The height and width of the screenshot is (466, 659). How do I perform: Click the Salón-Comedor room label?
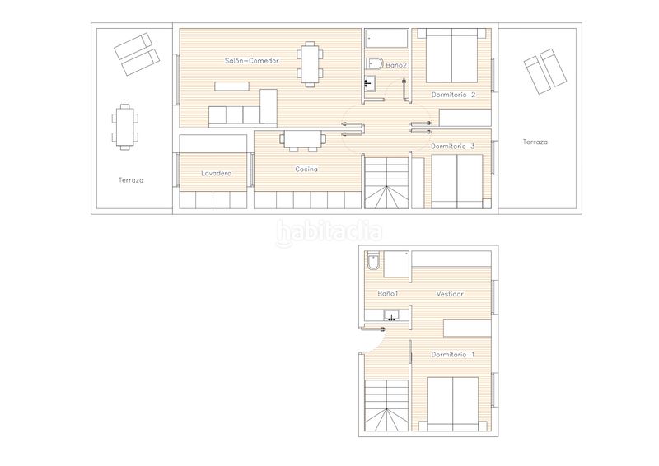(252, 61)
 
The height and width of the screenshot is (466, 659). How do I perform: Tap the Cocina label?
(306, 170)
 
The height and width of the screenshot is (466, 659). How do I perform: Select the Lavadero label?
(216, 173)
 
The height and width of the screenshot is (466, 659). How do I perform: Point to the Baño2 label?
(396, 66)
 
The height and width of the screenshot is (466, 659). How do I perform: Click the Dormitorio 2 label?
(454, 95)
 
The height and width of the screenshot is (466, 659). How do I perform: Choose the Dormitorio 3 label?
(453, 147)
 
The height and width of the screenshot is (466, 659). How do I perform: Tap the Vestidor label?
(450, 294)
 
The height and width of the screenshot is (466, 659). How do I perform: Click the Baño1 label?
(387, 294)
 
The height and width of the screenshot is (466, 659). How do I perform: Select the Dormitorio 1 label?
(452, 355)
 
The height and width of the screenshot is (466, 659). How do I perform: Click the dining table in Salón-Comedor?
(311, 64)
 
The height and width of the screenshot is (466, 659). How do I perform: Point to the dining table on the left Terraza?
(125, 127)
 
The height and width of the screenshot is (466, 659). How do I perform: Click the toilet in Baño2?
(374, 63)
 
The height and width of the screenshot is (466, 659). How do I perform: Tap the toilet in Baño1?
(374, 261)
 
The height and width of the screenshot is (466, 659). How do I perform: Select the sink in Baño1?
(391, 315)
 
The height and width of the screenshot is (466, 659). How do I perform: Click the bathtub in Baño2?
(386, 39)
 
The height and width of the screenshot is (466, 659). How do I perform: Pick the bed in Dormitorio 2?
(451, 55)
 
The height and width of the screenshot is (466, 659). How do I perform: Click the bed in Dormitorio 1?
(452, 404)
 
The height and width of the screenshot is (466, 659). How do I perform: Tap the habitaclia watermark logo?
(329, 232)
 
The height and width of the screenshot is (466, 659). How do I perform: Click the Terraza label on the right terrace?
(535, 142)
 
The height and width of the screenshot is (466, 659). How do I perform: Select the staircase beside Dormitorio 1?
(386, 406)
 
